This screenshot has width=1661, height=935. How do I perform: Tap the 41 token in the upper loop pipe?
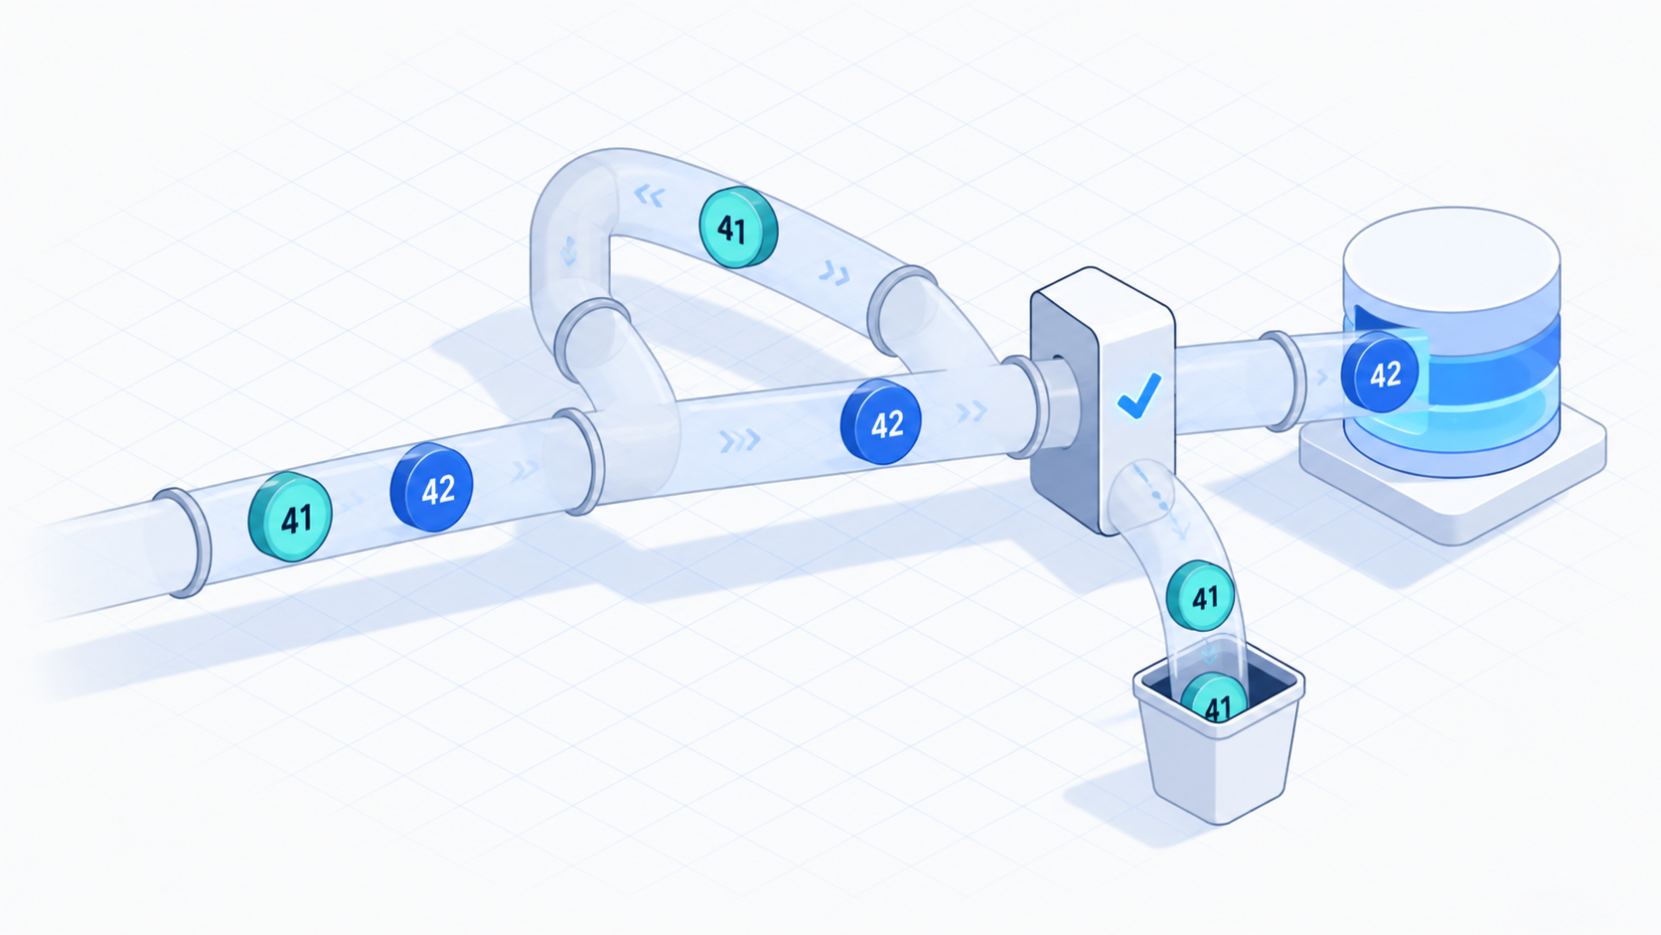point(738,227)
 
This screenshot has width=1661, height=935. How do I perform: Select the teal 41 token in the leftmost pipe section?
point(290,516)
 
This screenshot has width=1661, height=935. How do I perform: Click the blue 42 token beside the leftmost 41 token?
point(431,487)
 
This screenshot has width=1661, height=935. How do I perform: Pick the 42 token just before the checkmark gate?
point(881,422)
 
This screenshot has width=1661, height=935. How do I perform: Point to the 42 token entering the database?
point(1380,372)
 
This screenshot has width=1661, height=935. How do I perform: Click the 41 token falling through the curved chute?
point(1200,595)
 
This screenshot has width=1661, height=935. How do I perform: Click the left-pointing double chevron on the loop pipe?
point(650,197)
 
